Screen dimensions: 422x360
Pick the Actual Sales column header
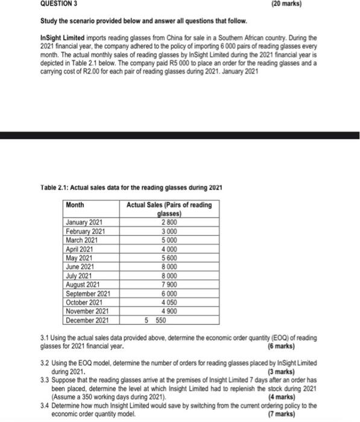tap(169, 209)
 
